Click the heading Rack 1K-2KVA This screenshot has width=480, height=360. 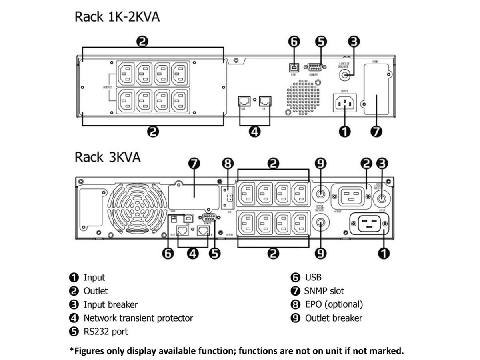tap(117, 18)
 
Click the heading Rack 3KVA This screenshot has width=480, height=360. tap(108, 157)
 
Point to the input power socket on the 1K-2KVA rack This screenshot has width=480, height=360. tap(344, 103)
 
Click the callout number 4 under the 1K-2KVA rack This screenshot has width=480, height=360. tap(254, 132)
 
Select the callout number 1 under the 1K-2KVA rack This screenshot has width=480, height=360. tap(344, 132)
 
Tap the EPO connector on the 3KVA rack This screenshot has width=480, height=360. tap(227, 196)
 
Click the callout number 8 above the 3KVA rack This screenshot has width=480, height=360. tap(227, 164)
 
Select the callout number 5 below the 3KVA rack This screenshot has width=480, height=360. tap(215, 253)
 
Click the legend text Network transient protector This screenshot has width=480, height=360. tap(138, 318)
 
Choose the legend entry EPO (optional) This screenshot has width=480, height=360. tap(334, 304)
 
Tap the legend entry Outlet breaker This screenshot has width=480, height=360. tap(333, 318)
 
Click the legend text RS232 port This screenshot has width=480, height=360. tap(106, 332)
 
